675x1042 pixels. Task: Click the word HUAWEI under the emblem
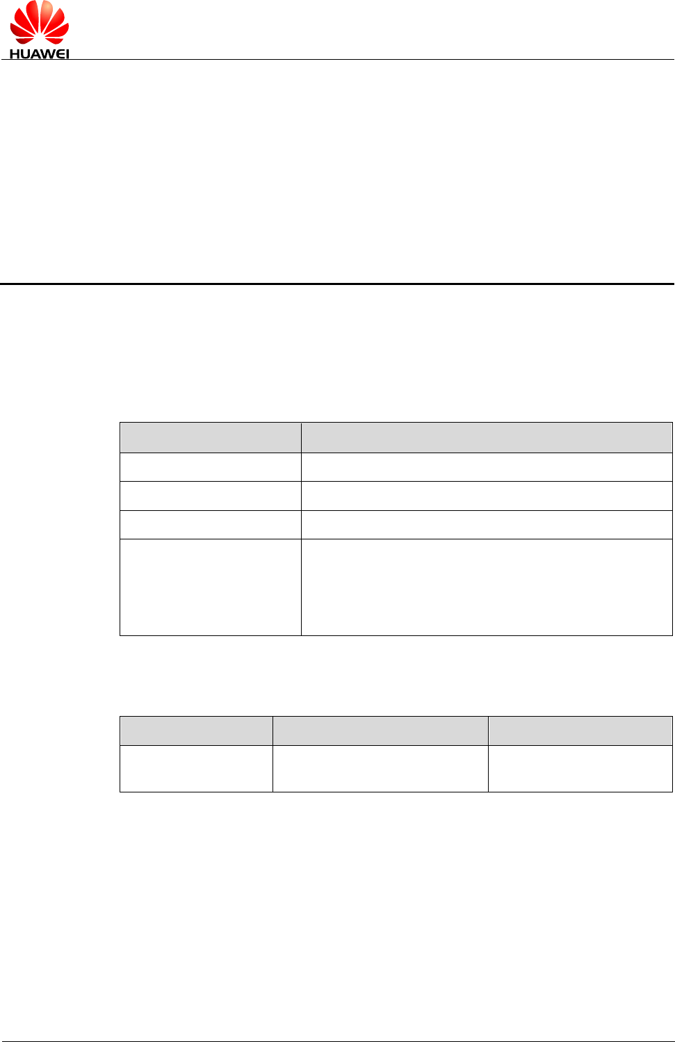39,54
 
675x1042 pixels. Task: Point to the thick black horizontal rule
337,284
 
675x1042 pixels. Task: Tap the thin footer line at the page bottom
337,1041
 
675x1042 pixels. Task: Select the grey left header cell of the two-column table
210,437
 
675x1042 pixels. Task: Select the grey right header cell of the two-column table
487,437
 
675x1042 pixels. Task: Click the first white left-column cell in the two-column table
210,467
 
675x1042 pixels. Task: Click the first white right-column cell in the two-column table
487,467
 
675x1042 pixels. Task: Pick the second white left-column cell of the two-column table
210,496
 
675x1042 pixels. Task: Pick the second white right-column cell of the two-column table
487,496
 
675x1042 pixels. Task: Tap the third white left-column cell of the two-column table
210,525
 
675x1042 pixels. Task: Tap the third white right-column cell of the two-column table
487,525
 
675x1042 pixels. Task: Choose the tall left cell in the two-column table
210,587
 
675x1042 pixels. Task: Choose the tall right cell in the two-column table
487,587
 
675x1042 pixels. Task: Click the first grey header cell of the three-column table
196,731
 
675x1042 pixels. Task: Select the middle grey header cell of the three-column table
380,731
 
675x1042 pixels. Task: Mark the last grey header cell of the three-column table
580,731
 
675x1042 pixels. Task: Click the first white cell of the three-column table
196,768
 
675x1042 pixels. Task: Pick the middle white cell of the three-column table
380,768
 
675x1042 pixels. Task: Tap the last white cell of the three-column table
580,768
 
